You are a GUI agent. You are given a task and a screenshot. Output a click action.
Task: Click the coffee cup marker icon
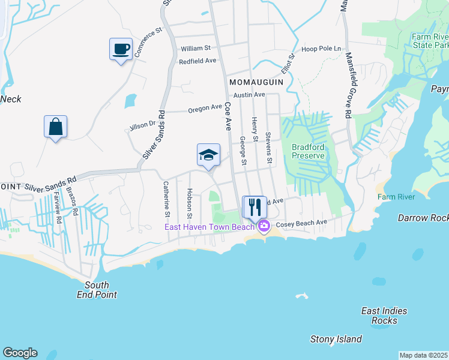(121, 49)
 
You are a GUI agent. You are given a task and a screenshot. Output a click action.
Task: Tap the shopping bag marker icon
(55, 127)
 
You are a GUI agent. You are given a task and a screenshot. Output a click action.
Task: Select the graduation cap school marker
(208, 155)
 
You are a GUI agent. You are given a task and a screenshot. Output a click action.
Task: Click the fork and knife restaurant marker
(255, 207)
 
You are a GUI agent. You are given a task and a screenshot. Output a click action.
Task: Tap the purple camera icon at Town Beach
(264, 226)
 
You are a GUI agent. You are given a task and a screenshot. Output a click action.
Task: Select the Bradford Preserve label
(308, 151)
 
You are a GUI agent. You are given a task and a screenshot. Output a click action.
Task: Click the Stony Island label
(336, 339)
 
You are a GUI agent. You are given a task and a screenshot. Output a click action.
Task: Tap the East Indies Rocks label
(384, 316)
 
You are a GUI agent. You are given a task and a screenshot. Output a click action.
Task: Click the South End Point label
(97, 290)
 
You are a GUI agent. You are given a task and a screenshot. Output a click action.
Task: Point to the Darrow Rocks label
(423, 218)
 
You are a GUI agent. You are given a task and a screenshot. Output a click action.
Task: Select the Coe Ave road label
(228, 115)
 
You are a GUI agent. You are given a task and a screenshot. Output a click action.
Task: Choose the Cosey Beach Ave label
(301, 222)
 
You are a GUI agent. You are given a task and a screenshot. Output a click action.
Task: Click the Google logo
(20, 353)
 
